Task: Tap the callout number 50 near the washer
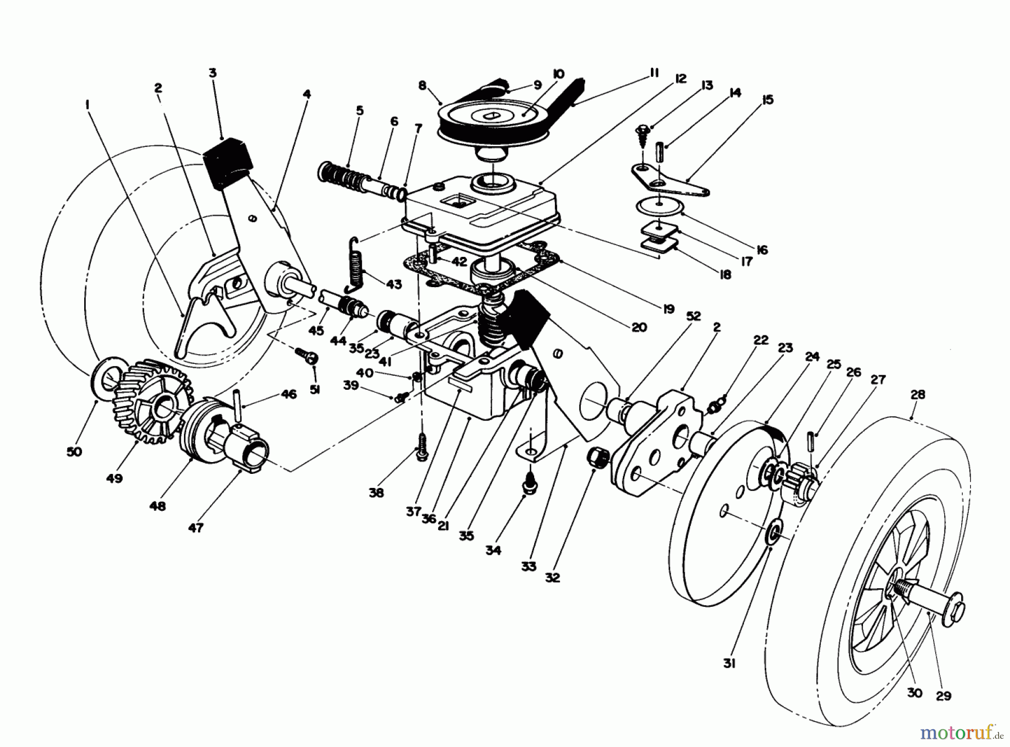(74, 451)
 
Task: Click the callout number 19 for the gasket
(668, 308)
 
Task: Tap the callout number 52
(694, 316)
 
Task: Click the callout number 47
(195, 527)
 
